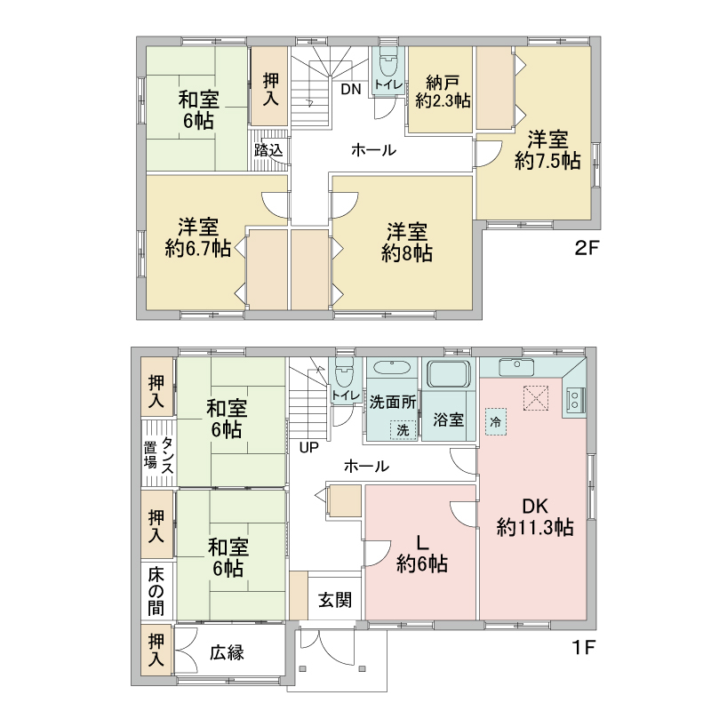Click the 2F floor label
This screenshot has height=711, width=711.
(x=587, y=248)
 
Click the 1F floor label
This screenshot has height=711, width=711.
(x=583, y=647)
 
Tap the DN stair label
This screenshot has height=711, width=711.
(x=351, y=89)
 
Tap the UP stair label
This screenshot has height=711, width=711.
(x=308, y=448)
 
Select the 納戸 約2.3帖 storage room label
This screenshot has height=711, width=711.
(x=443, y=92)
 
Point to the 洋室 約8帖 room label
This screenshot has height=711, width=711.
(x=407, y=243)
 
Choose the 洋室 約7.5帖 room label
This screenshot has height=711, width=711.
(x=547, y=149)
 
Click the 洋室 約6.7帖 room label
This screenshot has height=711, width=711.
(x=198, y=238)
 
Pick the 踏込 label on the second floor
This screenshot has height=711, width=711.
(x=268, y=150)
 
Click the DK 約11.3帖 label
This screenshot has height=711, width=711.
(x=535, y=517)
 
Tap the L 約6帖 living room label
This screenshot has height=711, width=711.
(x=421, y=554)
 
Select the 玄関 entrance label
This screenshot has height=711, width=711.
(x=335, y=600)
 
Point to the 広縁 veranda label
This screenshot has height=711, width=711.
(x=227, y=652)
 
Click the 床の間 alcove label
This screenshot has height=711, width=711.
(x=156, y=591)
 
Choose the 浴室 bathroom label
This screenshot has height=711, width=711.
(x=448, y=419)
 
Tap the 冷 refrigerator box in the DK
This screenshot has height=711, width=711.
(x=496, y=421)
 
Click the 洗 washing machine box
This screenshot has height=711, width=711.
(x=403, y=430)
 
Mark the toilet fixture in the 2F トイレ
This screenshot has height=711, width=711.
(x=387, y=64)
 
